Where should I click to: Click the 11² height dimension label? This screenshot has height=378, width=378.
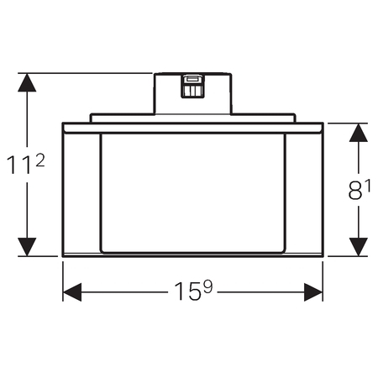click(x=25, y=165)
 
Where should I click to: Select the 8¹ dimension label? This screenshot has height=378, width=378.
click(x=360, y=190)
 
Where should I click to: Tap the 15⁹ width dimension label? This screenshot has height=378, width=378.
click(x=193, y=291)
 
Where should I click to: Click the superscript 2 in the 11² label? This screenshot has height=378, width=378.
click(x=40, y=161)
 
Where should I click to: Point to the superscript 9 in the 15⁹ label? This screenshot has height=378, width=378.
click(x=208, y=286)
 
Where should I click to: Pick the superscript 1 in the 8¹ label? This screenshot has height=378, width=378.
click(x=368, y=186)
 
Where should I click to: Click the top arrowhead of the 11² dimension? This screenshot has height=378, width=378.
click(x=27, y=82)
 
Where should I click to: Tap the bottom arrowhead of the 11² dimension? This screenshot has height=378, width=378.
click(x=27, y=247)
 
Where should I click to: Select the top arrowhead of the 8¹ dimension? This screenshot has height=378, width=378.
click(x=359, y=133)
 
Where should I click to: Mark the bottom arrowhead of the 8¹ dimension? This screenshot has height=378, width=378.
click(x=359, y=247)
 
